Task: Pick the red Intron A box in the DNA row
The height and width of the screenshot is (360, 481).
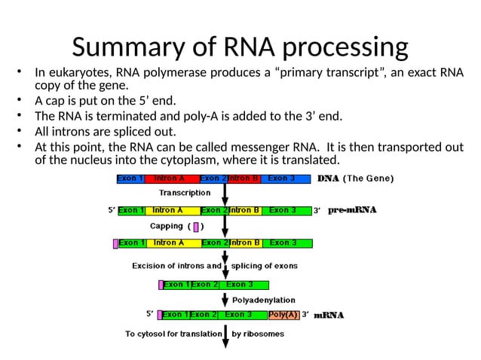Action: pos(170,178)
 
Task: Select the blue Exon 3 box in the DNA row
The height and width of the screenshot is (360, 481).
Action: pos(286,178)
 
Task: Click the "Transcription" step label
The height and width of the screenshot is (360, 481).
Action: pos(185,193)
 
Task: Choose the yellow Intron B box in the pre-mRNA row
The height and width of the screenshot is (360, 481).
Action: pos(244,210)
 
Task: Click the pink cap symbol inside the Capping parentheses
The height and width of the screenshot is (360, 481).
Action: pos(196,226)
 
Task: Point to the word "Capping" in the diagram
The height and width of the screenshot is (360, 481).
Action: pos(166,226)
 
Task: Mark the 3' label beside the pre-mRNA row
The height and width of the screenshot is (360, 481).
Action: pos(318,211)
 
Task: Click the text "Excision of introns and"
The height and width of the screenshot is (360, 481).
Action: pos(176,266)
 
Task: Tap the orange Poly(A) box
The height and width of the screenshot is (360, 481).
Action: pos(283,315)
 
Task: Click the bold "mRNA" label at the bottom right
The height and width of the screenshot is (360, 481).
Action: pos(329,316)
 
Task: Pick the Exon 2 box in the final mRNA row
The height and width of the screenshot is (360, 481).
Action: pos(204,315)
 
